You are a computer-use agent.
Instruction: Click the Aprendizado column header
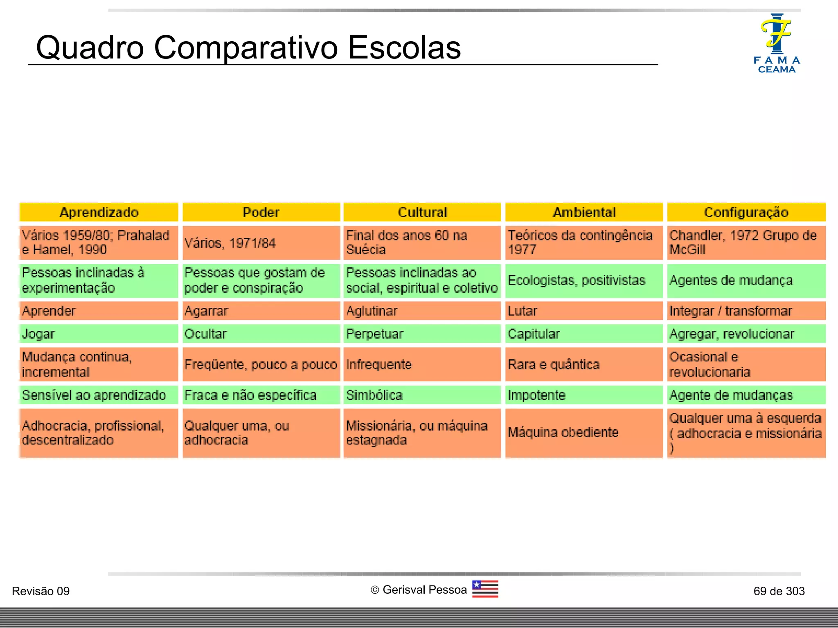point(99,212)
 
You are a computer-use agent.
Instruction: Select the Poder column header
point(261,212)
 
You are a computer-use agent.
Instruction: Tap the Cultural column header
point(422,212)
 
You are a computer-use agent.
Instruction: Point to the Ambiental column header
point(584,212)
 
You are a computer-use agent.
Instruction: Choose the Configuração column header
point(746,212)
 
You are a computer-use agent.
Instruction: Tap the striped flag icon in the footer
point(485,589)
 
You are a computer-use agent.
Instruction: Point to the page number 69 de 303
point(779,591)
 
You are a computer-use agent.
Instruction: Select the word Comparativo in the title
point(246,47)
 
